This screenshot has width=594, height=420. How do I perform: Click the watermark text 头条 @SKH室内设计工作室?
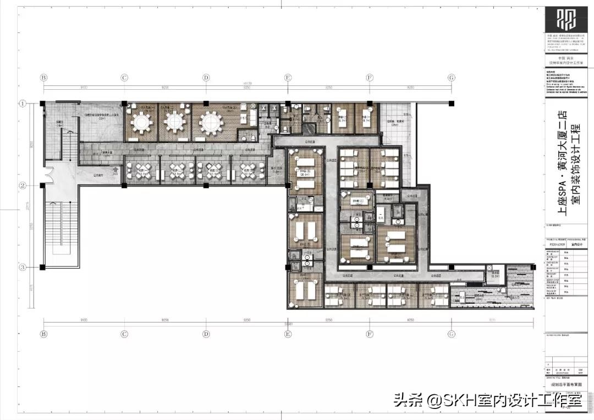487,400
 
